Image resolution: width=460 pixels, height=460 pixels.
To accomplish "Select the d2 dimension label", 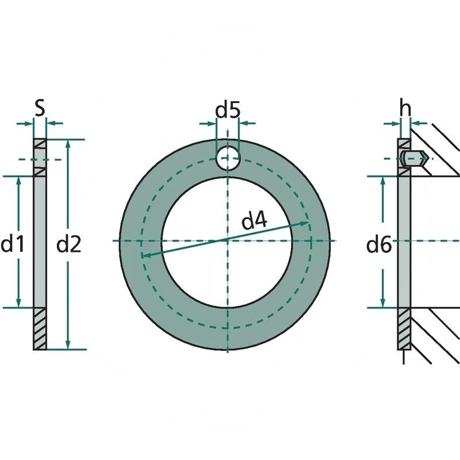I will click(69, 244).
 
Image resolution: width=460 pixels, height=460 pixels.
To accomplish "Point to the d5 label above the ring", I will click(228, 109).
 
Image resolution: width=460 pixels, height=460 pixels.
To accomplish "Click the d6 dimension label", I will click(379, 246).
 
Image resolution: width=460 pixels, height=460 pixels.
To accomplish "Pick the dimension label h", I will click(406, 108).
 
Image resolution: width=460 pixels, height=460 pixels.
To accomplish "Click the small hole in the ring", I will click(228, 157).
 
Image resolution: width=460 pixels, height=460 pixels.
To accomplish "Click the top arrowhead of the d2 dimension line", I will click(68, 144).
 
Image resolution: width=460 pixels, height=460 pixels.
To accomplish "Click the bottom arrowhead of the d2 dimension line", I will click(68, 344).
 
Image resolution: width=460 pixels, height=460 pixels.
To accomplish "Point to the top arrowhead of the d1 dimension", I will click(19, 181).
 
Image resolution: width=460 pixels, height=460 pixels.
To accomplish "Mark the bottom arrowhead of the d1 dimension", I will click(19, 303).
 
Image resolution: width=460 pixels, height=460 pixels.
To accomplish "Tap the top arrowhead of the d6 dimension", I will click(383, 181).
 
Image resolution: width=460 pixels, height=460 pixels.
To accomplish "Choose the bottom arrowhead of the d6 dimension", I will click(383, 303).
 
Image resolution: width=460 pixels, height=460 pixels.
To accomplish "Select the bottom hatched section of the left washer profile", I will click(40, 328).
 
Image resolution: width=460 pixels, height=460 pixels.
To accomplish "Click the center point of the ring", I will click(228, 240).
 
